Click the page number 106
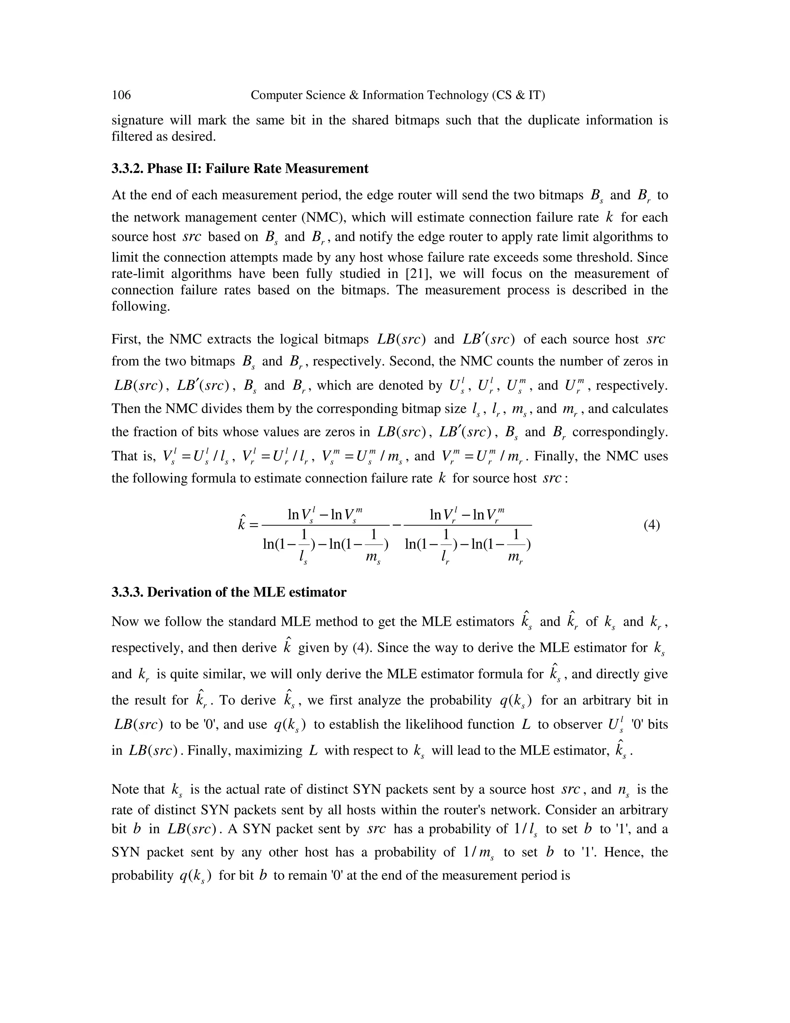(x=121, y=95)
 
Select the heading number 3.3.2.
(x=127, y=169)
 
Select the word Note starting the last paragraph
(x=125, y=790)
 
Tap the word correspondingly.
(x=620, y=432)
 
